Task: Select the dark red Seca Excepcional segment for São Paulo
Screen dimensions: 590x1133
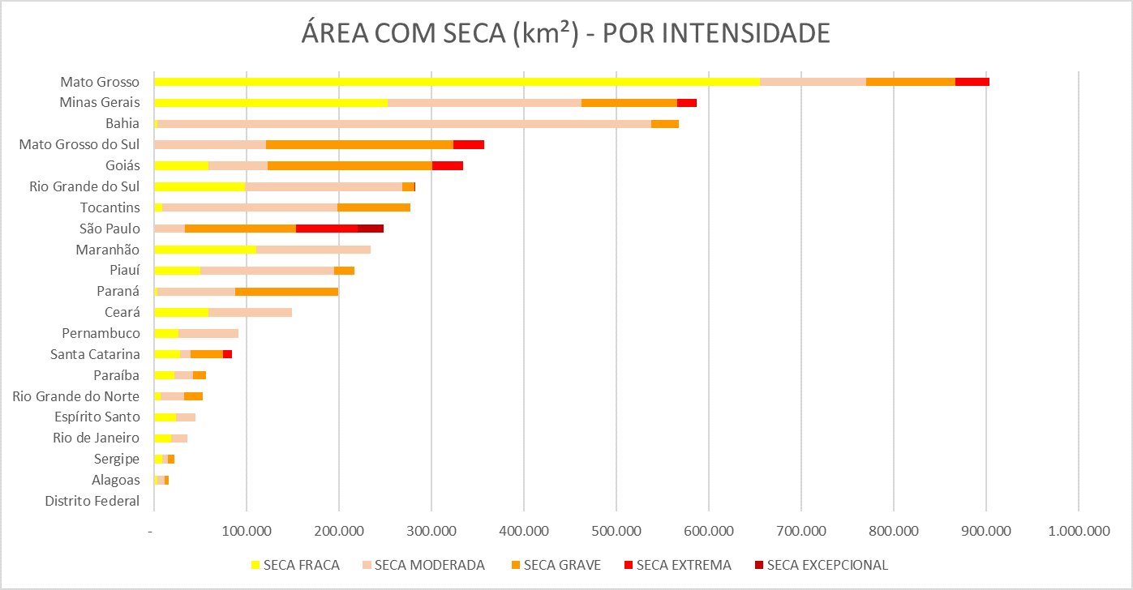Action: click(371, 229)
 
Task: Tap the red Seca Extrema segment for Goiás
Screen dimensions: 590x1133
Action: click(448, 166)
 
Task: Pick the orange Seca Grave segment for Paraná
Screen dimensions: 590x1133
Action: click(286, 292)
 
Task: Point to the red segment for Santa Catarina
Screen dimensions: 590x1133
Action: click(228, 354)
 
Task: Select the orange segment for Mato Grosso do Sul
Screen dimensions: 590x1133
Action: click(359, 145)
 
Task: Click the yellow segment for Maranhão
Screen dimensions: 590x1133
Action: click(205, 250)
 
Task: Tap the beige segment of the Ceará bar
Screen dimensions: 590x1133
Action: click(250, 313)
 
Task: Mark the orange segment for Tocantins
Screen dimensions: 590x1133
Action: click(374, 207)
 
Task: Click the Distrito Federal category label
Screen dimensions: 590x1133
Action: click(92, 501)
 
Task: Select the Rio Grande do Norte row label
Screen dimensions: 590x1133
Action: click(76, 396)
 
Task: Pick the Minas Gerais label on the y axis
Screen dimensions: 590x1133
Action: click(100, 103)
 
